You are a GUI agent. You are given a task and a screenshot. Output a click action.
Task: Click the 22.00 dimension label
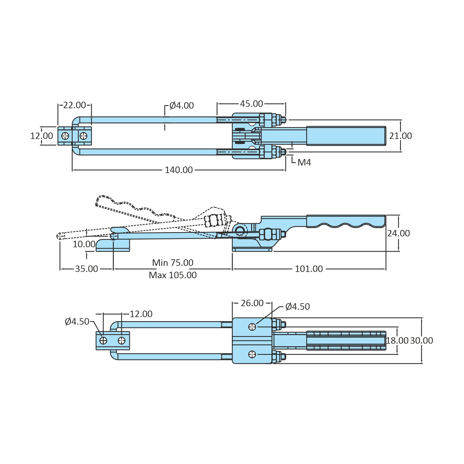click(74, 105)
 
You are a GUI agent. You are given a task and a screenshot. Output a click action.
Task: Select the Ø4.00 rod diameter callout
click(181, 105)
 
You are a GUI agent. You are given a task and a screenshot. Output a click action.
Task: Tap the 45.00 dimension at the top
click(251, 104)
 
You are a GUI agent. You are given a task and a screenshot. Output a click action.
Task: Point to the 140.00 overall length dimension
click(179, 170)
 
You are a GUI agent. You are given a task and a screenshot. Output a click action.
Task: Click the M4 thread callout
click(304, 162)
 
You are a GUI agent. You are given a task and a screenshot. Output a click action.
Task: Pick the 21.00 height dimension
click(400, 136)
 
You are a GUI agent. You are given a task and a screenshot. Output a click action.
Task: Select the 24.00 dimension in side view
click(398, 233)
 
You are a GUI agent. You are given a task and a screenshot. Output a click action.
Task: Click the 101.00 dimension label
click(309, 269)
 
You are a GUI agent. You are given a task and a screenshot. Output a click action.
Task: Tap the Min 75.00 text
click(172, 262)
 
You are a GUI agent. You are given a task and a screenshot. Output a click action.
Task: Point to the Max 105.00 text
click(172, 275)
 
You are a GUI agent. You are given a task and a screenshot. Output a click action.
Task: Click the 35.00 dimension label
click(86, 269)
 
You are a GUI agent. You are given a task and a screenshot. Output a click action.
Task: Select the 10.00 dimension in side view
click(84, 244)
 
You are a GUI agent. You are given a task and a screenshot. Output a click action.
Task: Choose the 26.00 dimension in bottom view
click(252, 303)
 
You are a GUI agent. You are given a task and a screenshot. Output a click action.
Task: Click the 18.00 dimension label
click(397, 340)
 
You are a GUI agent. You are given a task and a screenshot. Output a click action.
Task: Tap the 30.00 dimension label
click(421, 340)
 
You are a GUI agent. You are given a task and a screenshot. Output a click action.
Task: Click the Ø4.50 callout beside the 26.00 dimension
click(297, 306)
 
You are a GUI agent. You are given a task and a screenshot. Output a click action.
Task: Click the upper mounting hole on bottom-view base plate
click(252, 327)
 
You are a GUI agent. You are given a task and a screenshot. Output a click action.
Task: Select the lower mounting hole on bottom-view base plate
click(252, 354)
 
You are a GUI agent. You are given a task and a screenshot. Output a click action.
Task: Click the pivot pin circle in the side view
click(240, 230)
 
